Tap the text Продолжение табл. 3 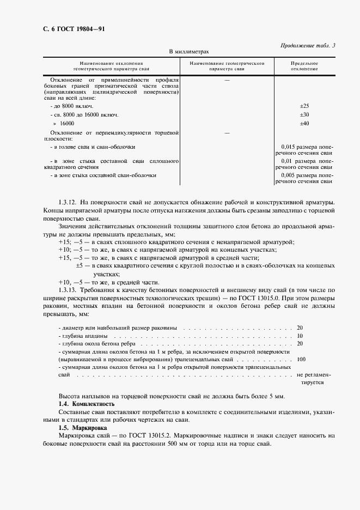tap(308, 45)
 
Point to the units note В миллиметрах tap(188, 51)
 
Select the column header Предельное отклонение tap(304, 66)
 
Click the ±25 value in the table tap(304, 105)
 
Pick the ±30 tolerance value tap(304, 114)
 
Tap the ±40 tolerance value tap(304, 124)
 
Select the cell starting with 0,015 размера tap(304, 150)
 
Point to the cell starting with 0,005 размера tap(304, 178)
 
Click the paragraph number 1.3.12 tap(69, 203)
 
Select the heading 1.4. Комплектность tap(86, 404)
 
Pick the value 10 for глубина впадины tap(300, 336)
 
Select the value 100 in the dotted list tap(301, 360)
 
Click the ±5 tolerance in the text tap(79, 265)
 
